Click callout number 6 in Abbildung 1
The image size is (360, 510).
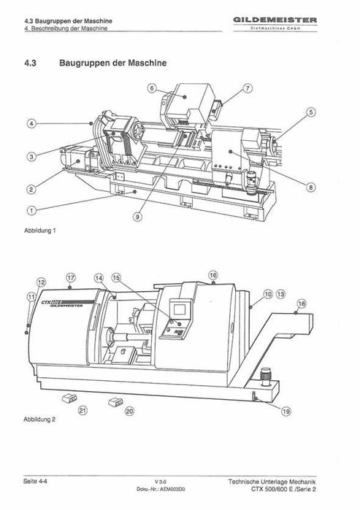pos(152,88)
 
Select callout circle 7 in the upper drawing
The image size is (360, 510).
pos(248,88)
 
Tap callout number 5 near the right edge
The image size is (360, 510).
pos(311,112)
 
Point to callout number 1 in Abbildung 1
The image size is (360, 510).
pos(31,210)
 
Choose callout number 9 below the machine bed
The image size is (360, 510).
pos(138,216)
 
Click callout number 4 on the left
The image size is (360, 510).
pos(31,124)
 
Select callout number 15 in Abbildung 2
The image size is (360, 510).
pos(116,279)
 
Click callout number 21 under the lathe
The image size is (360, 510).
pos(83,411)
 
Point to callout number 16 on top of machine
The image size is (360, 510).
pos(213,275)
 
